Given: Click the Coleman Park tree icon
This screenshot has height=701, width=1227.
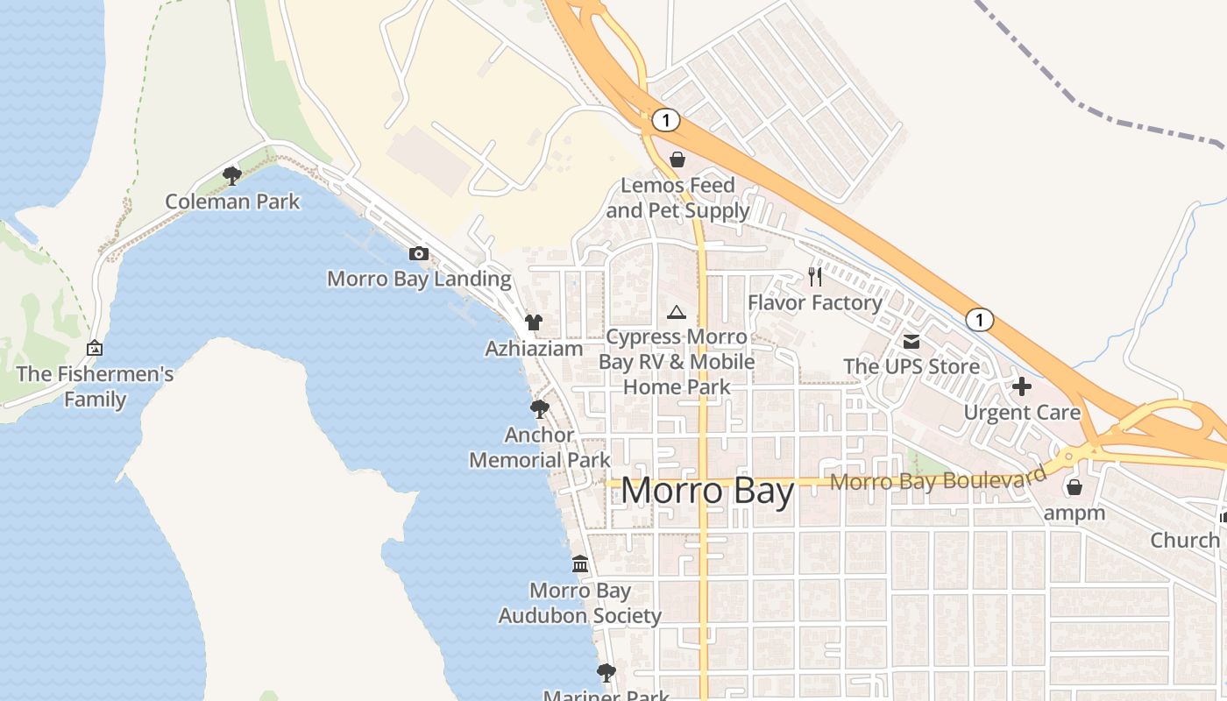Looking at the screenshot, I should pos(232,176).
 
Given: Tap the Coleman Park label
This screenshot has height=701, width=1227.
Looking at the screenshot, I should pos(232,202).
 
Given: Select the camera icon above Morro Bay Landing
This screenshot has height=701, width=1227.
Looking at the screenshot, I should pos(419,254).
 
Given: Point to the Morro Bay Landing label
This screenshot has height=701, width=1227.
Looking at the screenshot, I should pos(419,280).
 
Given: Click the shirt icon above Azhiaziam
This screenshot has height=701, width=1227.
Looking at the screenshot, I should pos(534,322).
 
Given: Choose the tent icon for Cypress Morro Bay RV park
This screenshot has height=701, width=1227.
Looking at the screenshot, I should pos(676,312).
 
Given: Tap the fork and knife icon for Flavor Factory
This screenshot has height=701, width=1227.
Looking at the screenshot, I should pos(816,277).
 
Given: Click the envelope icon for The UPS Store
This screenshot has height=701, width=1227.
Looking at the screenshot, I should pos(911,341).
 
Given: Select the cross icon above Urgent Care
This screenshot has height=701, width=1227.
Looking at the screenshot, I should pos(1022,386).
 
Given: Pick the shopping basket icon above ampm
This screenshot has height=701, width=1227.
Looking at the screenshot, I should pos(1075,487).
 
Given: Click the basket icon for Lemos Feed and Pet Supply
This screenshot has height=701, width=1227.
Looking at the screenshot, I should pos(677,159).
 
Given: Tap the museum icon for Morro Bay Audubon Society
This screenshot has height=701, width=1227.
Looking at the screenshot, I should pos(580,564).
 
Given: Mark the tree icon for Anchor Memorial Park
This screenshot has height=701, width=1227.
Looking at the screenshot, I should pos(539,409).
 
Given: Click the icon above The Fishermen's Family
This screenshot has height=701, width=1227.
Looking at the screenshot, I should pos(95,349).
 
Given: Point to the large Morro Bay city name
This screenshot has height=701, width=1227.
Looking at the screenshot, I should pos(707,491).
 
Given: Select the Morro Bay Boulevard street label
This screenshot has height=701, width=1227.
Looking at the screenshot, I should pos(938,479).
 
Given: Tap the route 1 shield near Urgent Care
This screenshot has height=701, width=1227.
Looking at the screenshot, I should pos(980,320).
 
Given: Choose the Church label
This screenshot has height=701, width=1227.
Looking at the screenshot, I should pos(1185,540).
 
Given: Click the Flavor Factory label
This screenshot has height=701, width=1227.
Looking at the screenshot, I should pos(815,303).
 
